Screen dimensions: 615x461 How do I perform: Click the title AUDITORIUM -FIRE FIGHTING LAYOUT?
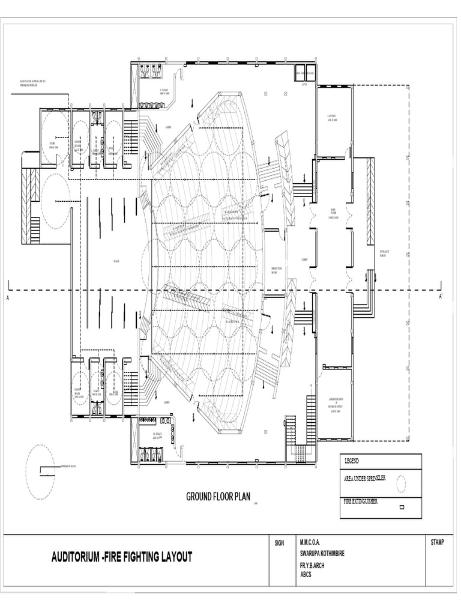(x=122, y=557)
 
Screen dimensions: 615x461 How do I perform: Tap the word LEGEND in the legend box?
(x=351, y=461)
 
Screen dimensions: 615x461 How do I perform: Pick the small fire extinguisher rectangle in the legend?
(x=402, y=507)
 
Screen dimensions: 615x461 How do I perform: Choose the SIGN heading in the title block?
(x=279, y=543)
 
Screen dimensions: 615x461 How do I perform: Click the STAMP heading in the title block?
(x=437, y=543)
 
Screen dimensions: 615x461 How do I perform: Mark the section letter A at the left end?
(x=8, y=298)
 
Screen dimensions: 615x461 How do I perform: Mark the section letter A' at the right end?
(x=441, y=297)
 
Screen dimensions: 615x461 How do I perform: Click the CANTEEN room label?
(x=331, y=118)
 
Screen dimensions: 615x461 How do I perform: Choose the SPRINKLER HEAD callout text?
(x=69, y=465)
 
